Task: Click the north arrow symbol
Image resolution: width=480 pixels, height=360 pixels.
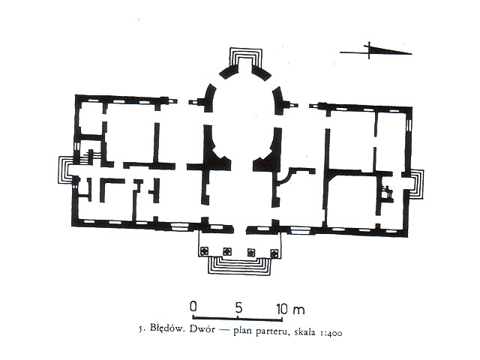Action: (376, 50)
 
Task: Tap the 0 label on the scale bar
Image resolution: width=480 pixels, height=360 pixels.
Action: (193, 307)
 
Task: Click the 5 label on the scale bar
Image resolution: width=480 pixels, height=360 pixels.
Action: (238, 307)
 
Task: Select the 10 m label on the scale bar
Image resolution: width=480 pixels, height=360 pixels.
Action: (290, 309)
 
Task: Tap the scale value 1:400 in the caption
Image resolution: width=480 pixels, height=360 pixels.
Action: (331, 333)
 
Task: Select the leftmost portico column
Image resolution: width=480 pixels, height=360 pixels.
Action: (203, 252)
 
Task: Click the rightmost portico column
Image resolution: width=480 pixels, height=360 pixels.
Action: (274, 253)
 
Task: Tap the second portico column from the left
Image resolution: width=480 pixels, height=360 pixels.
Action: (226, 252)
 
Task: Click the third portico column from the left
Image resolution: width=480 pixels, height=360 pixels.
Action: (251, 252)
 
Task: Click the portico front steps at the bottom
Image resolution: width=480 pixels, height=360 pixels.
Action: (239, 265)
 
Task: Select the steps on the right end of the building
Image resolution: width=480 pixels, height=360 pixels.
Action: (417, 184)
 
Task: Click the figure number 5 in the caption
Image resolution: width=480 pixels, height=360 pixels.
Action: (141, 329)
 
